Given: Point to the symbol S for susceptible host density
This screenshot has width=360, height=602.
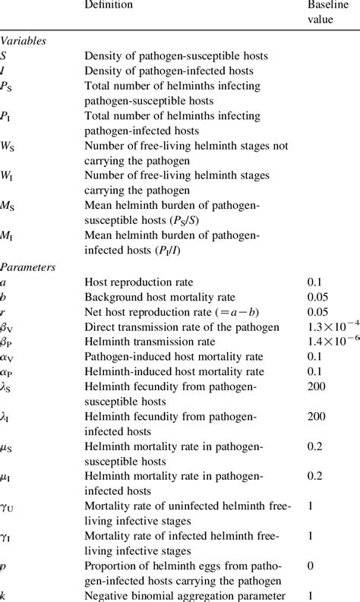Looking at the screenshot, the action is coord(5,55).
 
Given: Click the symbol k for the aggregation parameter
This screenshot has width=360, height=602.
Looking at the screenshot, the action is coord(4,597).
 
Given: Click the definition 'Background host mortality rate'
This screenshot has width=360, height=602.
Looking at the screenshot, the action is coord(159,298).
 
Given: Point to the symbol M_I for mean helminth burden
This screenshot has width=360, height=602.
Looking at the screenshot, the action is coord(8,239).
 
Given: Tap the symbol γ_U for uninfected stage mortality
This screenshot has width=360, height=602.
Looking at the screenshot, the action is coord(8,506).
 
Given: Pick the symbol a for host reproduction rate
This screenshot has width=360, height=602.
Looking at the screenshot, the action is coord(4,282).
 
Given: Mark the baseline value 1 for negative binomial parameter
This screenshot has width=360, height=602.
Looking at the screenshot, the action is coord(309,596).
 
